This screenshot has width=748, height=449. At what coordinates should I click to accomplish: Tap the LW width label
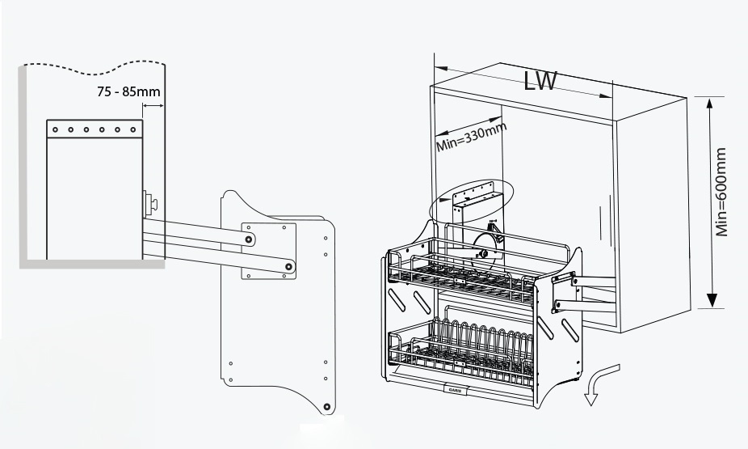tap(539, 81)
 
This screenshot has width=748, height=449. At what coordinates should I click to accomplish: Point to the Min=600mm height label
tap(724, 192)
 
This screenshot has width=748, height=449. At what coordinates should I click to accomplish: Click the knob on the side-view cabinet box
tap(150, 200)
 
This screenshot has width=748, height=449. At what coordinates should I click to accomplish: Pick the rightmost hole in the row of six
tap(134, 129)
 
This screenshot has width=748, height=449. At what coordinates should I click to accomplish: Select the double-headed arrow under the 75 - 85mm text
tap(152, 104)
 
